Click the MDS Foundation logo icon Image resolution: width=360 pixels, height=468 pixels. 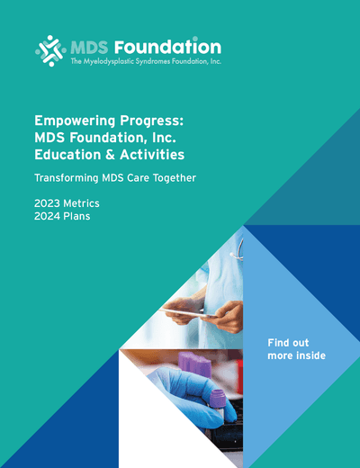pyautogui.click(x=50, y=50)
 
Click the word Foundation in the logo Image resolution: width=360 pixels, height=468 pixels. pyautogui.click(x=176, y=45)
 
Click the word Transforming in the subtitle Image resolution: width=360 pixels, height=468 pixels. pyautogui.click(x=69, y=177)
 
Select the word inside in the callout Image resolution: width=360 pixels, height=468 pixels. pyautogui.click(x=310, y=356)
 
